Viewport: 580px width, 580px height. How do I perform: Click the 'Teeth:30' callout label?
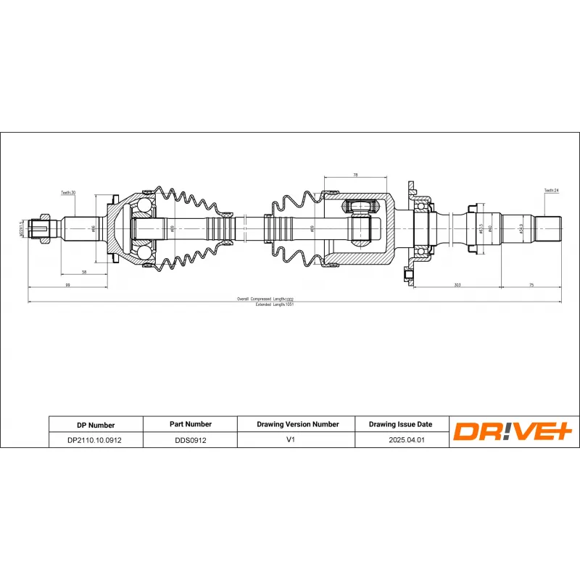68,193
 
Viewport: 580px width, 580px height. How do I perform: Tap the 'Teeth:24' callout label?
551,191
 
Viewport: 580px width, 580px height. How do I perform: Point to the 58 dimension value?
84,272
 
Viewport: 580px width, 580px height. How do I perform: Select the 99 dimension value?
67,286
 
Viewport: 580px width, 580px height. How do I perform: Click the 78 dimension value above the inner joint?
355,175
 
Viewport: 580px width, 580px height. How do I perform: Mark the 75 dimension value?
531,286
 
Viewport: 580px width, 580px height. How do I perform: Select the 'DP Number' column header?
95,425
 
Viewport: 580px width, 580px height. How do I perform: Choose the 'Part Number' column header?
191,424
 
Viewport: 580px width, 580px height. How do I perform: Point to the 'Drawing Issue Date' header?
400,424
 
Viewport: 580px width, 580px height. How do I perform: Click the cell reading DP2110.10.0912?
95,440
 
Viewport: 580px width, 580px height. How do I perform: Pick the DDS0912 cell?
191,440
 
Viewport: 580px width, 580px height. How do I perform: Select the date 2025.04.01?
400,440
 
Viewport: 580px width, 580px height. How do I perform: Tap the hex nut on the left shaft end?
44,228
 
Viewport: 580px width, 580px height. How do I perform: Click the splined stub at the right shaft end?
550,228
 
